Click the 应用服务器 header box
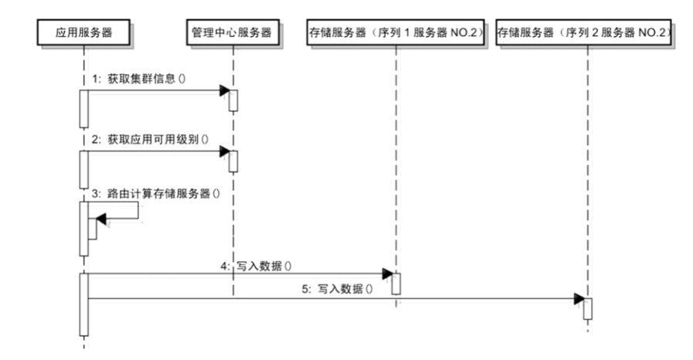(83, 34)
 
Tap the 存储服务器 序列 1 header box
(395, 34)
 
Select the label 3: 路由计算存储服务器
(155, 194)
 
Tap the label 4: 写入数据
(254, 265)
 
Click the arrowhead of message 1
(224, 91)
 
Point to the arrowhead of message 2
(224, 151)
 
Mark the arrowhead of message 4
(388, 273)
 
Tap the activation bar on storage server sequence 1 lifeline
(395, 284)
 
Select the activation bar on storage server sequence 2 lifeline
(587, 308)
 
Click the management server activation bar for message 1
(233, 100)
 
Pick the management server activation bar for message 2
(233, 161)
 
